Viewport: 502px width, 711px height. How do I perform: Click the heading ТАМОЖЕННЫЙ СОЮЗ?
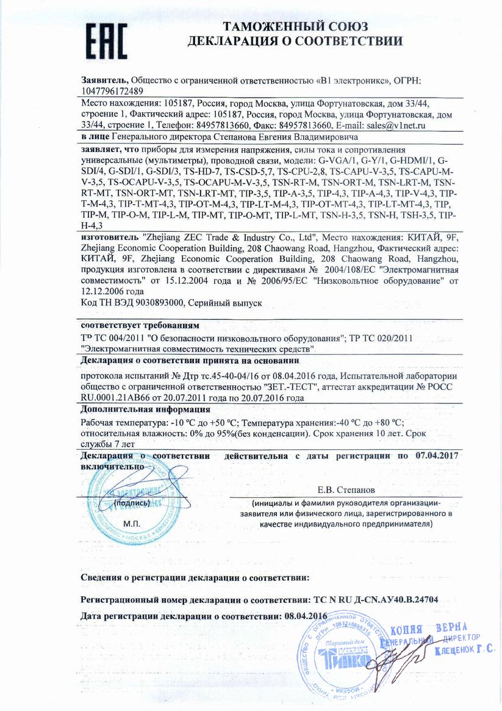[x=295, y=27]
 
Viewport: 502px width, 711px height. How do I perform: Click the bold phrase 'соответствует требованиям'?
[x=140, y=324]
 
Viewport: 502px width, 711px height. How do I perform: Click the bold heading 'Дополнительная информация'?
[x=145, y=410]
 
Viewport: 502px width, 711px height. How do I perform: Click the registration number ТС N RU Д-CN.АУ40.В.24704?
[x=375, y=600]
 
